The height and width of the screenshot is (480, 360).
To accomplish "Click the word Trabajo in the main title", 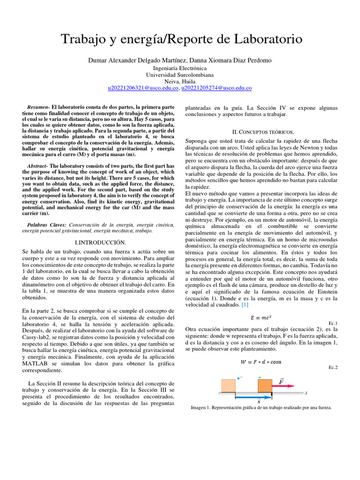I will (85, 38).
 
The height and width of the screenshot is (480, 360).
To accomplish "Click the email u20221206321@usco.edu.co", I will (143, 88).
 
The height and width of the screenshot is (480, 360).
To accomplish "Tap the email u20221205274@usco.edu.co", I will (216, 88).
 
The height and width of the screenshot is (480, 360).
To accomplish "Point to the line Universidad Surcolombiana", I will (180, 75).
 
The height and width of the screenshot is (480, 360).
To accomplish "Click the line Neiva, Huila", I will (180, 81).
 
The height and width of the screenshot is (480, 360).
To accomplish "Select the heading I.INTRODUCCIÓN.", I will (100, 242).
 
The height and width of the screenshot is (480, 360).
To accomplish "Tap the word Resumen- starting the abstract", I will (38, 107).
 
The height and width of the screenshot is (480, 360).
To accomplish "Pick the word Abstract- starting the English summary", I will (37, 166).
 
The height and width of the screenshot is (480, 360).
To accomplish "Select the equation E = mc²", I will (261, 317).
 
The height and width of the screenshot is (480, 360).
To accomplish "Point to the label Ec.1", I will (333, 323).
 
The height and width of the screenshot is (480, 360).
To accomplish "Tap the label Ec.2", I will (333, 367).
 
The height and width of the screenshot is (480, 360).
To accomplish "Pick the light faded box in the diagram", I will (228, 386).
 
